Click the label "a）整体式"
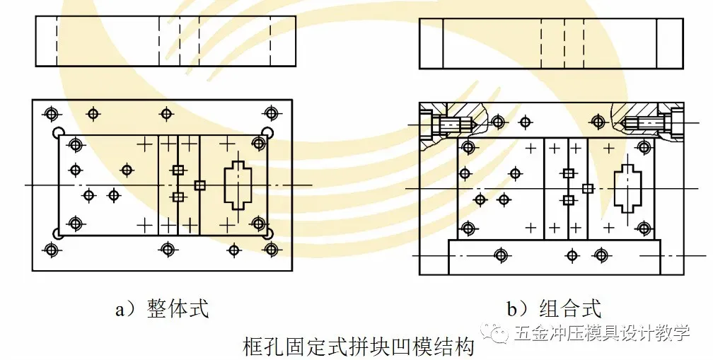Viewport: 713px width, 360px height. (161, 309)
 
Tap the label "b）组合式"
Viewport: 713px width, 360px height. (553, 309)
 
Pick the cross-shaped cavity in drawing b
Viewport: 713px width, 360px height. (627, 189)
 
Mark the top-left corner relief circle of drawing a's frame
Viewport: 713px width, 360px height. (59, 132)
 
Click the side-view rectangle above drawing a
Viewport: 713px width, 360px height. (166, 41)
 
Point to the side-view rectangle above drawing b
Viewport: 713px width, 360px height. (551, 43)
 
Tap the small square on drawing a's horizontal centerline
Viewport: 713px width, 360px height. (200, 185)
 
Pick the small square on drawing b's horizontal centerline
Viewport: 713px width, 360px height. (587, 188)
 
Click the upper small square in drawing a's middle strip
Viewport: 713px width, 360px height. (178, 170)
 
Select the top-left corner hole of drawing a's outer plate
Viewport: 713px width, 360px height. (50, 113)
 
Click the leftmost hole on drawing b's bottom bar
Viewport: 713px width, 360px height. (501, 255)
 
